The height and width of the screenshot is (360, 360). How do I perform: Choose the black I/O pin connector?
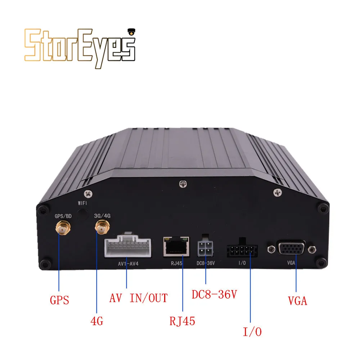click(242, 250)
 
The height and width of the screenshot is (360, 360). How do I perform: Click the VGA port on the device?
click(292, 248)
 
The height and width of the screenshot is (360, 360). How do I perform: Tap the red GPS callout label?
click(59, 300)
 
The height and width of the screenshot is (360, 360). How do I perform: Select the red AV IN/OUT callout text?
click(139, 298)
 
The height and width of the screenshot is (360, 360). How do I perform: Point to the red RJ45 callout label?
click(182, 320)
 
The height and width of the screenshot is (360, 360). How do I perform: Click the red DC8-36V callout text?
click(214, 295)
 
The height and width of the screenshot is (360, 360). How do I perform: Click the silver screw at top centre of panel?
click(183, 185)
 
